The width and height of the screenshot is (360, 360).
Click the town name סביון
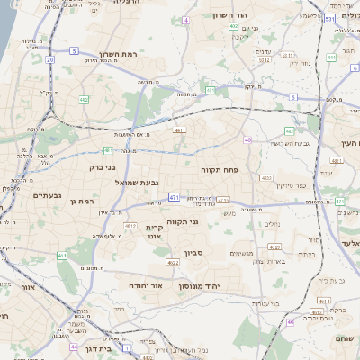(x=194, y=253)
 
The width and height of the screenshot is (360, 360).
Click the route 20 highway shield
(x=50, y=59)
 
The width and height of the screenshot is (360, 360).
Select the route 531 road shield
(x=330, y=18)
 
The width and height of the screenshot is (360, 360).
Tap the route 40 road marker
(x=247, y=139)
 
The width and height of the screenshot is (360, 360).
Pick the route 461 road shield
(x=62, y=256)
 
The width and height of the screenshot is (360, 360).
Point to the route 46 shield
(x=290, y=321)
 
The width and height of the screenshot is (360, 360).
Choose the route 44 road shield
(x=74, y=346)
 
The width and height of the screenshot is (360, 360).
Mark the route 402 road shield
(x=234, y=27)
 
